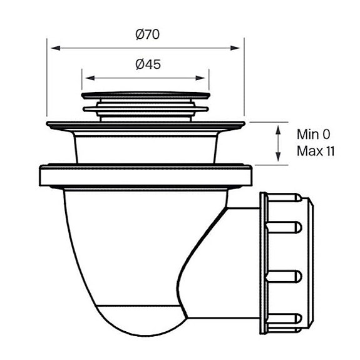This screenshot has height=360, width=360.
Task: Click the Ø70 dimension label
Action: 147,34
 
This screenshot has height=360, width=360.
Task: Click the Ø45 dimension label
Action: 147,64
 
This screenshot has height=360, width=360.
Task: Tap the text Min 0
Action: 313,134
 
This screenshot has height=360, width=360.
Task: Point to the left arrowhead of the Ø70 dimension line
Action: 53,47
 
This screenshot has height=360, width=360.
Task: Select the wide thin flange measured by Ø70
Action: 146,125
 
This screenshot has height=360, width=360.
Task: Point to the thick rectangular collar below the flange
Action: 146,176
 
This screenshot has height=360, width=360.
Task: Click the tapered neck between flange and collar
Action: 146,147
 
